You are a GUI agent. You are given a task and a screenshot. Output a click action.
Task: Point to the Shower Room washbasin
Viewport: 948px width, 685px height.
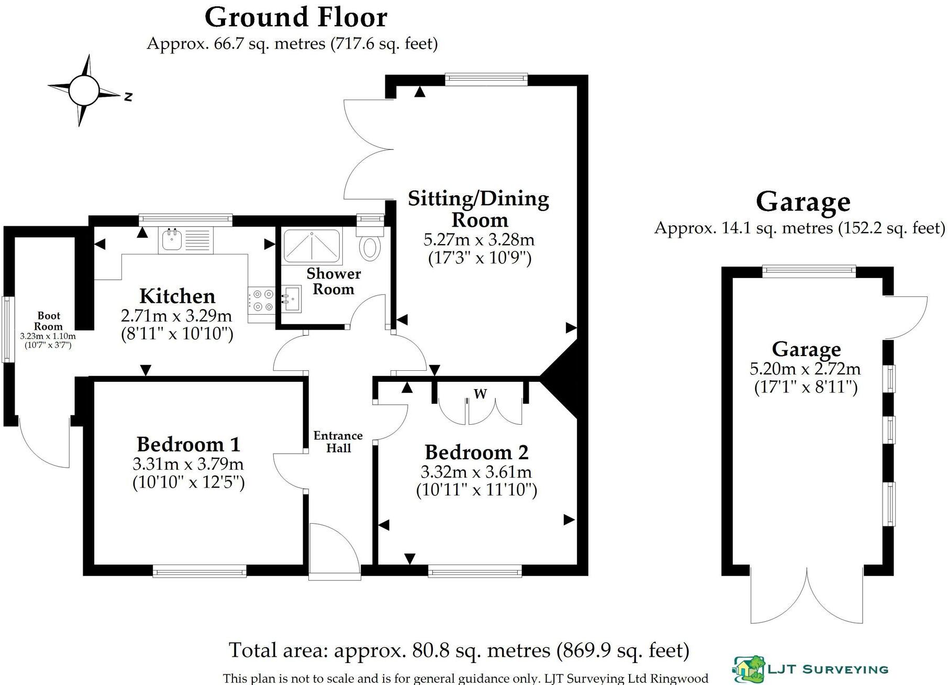291,299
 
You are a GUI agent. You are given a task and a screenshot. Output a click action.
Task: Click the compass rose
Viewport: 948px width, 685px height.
84,90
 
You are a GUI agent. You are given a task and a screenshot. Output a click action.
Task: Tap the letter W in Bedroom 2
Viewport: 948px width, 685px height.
480,393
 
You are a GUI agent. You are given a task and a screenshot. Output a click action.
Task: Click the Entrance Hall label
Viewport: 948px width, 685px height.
338,441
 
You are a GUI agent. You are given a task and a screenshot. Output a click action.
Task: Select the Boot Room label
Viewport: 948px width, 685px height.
49,321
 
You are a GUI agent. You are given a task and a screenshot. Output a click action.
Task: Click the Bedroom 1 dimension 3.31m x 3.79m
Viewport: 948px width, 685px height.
188,464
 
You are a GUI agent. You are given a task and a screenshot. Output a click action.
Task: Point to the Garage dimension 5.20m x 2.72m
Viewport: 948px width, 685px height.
805,369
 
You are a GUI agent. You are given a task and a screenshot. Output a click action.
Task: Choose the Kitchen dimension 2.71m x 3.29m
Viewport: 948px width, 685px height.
176,316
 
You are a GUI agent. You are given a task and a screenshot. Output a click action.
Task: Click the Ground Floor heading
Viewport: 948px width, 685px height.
296,17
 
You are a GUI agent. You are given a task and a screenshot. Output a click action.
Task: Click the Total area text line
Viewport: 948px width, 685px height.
459,650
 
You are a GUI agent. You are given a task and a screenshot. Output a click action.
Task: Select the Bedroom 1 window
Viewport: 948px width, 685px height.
199,571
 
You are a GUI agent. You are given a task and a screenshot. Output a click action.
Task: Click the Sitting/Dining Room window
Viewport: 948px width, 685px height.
486,80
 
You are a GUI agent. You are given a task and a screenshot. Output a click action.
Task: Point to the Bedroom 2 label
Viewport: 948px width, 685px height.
476,452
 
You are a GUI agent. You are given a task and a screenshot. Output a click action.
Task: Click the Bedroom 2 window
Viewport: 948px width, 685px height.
475,571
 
